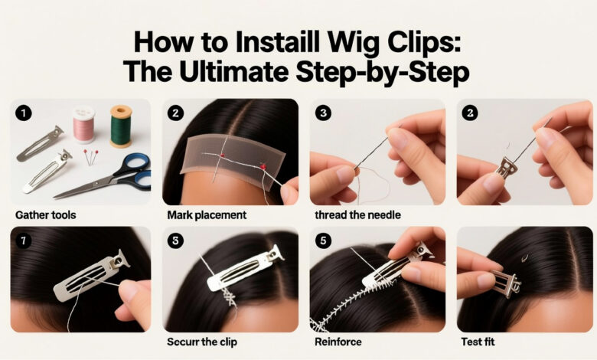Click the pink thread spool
[83, 124]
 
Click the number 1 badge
[24, 113]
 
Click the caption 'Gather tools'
[44, 214]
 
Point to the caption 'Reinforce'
[337, 342]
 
